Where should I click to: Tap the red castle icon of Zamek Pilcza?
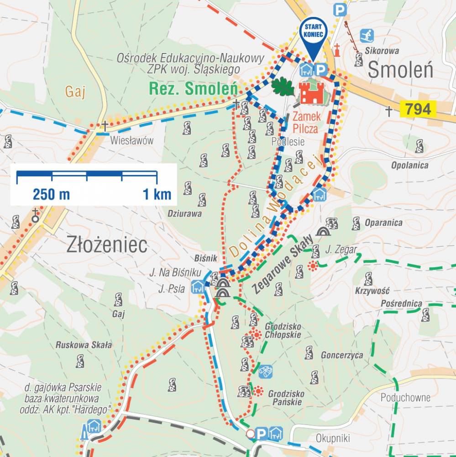[x=311, y=93]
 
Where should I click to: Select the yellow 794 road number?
[x=418, y=109]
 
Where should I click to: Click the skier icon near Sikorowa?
[x=367, y=35]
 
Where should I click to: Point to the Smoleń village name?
[x=400, y=70]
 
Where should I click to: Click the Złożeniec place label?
[x=107, y=245]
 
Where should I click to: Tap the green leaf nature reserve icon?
[x=283, y=86]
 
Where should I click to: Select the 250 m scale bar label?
[x=51, y=195]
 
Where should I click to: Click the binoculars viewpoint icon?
[x=265, y=371]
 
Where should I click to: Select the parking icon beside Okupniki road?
[x=262, y=433]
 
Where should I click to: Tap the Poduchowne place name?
[x=405, y=398]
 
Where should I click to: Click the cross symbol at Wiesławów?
[x=105, y=125]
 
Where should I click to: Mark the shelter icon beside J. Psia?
[x=198, y=287]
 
